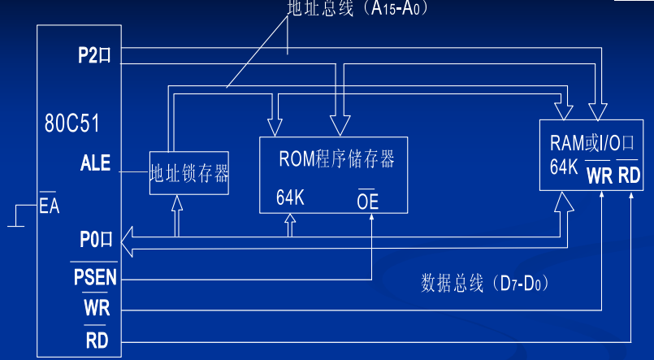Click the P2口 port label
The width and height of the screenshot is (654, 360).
click(94, 56)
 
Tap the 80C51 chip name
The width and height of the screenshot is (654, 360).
click(72, 124)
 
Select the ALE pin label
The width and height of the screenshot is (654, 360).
click(95, 163)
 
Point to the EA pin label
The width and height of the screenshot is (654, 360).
click(50, 206)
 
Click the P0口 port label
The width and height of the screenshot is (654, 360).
click(95, 241)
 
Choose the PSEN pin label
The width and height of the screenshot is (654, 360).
click(95, 277)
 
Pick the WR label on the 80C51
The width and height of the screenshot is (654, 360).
click(96, 309)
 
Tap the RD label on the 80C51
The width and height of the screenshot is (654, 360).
click(97, 340)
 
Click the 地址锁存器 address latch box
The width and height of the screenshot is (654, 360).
click(188, 173)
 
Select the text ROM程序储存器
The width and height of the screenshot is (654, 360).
click(336, 158)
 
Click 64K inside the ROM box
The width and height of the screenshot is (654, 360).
click(290, 198)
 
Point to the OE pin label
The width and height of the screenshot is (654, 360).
click(368, 201)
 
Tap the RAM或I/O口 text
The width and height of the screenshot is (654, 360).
click(591, 144)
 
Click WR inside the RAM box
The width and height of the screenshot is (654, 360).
click(600, 175)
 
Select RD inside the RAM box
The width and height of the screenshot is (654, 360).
click(629, 175)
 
